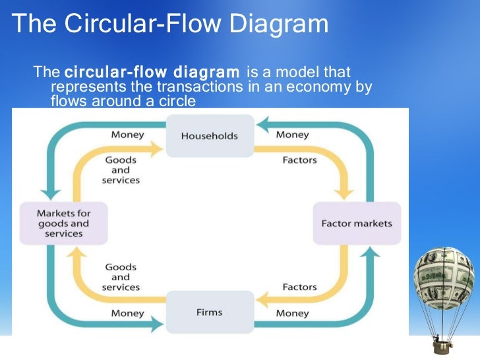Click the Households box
[209, 136]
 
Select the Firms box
[209, 312]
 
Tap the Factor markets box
[356, 224]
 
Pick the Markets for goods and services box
[64, 223]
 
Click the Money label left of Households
[127, 135]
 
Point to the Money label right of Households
[292, 135]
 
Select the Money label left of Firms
[127, 313]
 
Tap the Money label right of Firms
[292, 313]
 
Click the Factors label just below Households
[299, 160]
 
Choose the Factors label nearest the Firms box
[299, 287]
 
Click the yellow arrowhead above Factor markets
[342, 193]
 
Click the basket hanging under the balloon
[438, 343]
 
